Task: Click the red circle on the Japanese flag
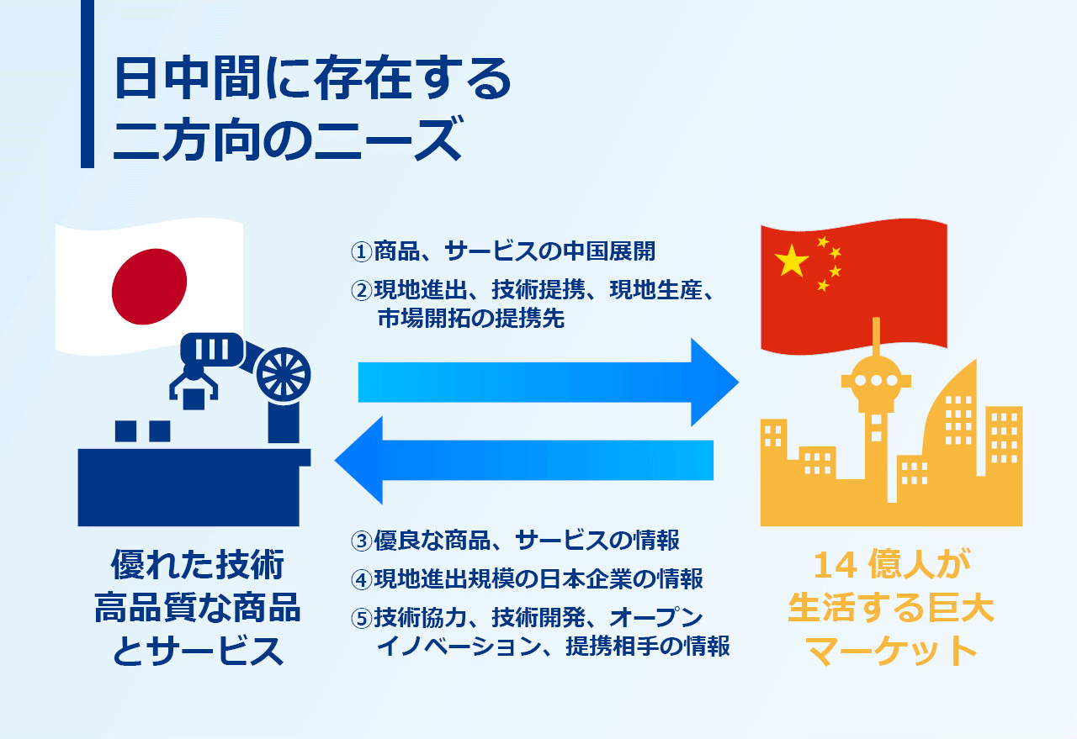pyautogui.click(x=149, y=287)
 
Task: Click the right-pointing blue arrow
pyautogui.click(x=548, y=382)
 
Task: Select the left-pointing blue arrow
pyautogui.click(x=524, y=460)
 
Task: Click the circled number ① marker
pyautogui.click(x=362, y=251)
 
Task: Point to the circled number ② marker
pyautogui.click(x=362, y=291)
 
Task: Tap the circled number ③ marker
pyautogui.click(x=362, y=541)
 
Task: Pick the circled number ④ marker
pyautogui.click(x=362, y=579)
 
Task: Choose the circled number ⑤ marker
pyautogui.click(x=362, y=619)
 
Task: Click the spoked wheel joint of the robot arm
pyautogui.click(x=284, y=375)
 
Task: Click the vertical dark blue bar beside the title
pyautogui.click(x=87, y=84)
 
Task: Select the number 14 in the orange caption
pyautogui.click(x=836, y=566)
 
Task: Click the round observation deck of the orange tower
pyautogui.click(x=876, y=380)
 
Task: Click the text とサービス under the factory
pyautogui.click(x=198, y=651)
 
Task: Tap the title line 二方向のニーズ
pyautogui.click(x=289, y=140)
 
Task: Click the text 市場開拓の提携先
pyautogui.click(x=470, y=319)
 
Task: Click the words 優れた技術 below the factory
pyautogui.click(x=198, y=565)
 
